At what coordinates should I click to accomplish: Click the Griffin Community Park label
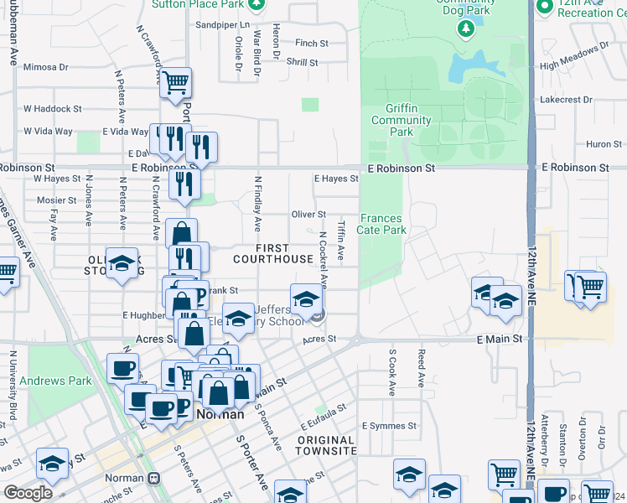point(402,120)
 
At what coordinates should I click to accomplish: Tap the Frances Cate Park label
point(382,224)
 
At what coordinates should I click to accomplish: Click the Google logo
point(28,493)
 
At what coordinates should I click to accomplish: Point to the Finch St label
point(311,43)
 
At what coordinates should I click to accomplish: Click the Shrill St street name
point(302,62)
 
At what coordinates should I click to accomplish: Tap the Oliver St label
point(308,215)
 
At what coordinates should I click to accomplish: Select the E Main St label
point(500,339)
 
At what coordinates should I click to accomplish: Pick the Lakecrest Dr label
point(589,99)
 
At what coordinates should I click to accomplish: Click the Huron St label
point(604,144)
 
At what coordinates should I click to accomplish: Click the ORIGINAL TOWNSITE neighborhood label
point(325,445)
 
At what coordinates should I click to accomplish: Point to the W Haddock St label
point(52,109)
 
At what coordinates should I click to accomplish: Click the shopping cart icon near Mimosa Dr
point(176,83)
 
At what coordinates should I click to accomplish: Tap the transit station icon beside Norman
point(153,479)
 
